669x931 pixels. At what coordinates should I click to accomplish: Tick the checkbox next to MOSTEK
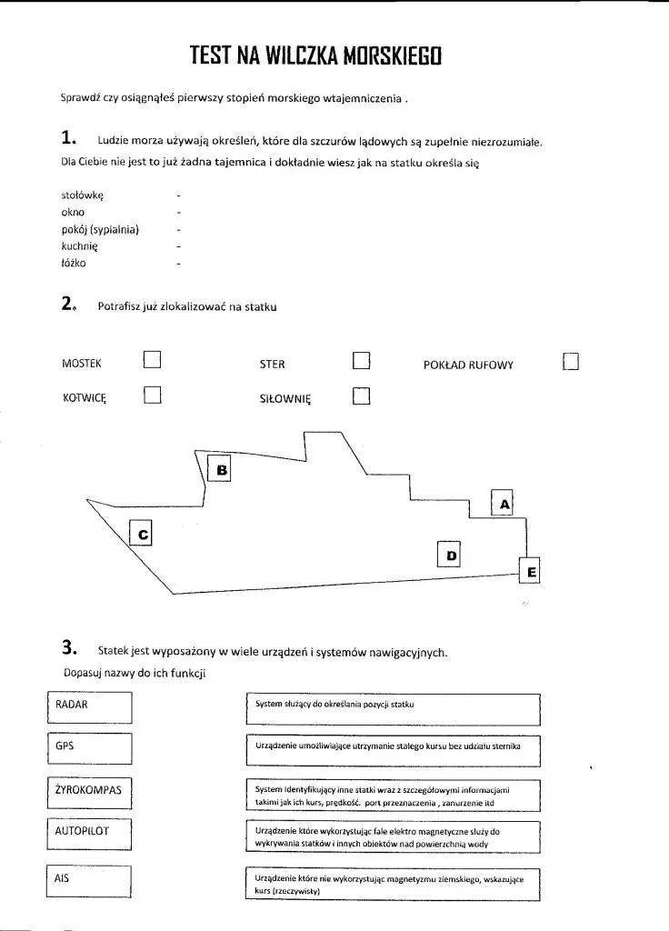tap(152, 361)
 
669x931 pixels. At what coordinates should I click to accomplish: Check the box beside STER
tap(362, 361)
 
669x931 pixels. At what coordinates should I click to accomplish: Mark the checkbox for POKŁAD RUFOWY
tap(571, 362)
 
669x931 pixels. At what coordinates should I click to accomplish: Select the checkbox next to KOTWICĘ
tap(152, 395)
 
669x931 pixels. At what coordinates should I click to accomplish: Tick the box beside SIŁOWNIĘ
tap(362, 396)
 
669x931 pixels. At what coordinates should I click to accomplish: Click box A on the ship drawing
tap(503, 503)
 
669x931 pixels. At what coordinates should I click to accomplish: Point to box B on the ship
tap(221, 469)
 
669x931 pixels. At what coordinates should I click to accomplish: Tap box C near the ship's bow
tap(141, 534)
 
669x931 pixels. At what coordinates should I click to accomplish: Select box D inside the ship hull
tap(450, 554)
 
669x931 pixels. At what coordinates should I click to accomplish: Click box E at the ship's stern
tap(531, 571)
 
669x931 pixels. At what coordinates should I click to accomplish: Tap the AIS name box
tap(89, 880)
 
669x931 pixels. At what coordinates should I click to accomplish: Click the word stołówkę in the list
tap(83, 195)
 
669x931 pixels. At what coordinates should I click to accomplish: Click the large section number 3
tap(68, 648)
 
